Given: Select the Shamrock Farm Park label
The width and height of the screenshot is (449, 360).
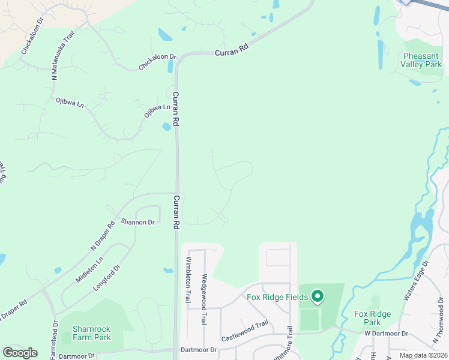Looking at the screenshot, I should (91, 333).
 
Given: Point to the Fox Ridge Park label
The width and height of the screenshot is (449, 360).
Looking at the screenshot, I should (372, 318).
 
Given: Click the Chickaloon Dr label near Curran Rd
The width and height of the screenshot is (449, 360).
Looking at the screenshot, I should (157, 62).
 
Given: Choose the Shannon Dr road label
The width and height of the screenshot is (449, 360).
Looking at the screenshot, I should (137, 221).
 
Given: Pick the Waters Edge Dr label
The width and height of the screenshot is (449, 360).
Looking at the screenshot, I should (415, 280).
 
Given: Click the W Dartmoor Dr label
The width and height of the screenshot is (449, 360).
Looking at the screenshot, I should (385, 333).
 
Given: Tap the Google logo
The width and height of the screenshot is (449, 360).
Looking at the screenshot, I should (20, 352).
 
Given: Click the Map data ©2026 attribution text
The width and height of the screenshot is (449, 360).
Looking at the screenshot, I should (423, 355).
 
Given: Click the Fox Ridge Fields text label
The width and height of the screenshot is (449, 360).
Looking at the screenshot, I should (277, 297).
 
